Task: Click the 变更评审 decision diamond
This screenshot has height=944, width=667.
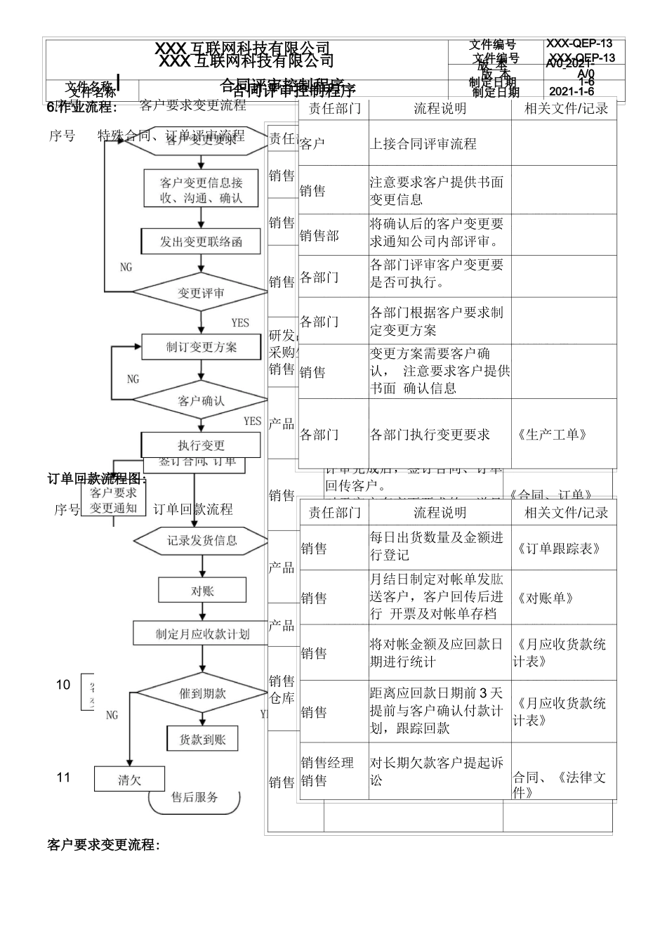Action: [202, 293]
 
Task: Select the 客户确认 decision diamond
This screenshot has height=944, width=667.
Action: [202, 401]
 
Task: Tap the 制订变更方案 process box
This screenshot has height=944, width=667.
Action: [202, 347]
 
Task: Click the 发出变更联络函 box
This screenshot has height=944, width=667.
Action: [202, 242]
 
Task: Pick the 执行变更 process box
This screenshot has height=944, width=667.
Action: [202, 445]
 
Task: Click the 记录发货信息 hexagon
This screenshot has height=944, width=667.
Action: [202, 540]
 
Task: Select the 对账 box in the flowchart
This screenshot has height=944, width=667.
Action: [202, 591]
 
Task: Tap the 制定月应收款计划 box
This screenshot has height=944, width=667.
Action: [202, 634]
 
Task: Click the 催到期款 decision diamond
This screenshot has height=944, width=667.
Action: [202, 693]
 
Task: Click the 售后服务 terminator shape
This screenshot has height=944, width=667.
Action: [194, 798]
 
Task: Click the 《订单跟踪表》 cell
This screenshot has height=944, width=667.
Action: [559, 549]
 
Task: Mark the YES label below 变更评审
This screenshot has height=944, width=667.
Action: [240, 322]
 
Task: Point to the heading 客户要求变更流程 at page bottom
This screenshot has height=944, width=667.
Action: [104, 844]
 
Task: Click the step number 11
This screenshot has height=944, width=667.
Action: [64, 778]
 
